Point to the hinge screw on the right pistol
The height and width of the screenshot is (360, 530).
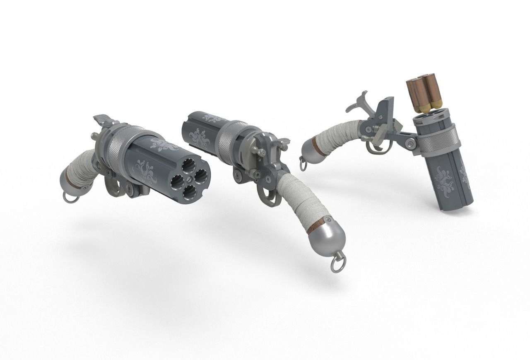tap(411, 144)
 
